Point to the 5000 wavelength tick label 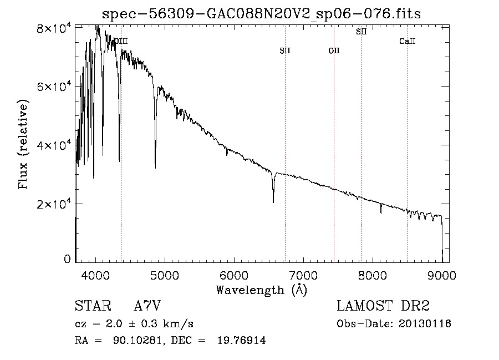pos(165,275)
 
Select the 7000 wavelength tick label pos(303,275)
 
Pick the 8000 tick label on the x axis pos(373,275)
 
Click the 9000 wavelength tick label pos(442,275)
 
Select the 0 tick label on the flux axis pos(68,259)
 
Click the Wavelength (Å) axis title pos(261,290)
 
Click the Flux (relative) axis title pos(23,145)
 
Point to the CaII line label pos(407,42)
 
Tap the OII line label pos(334,51)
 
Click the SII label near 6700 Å pos(285,51)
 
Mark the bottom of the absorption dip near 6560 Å pos(273,202)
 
